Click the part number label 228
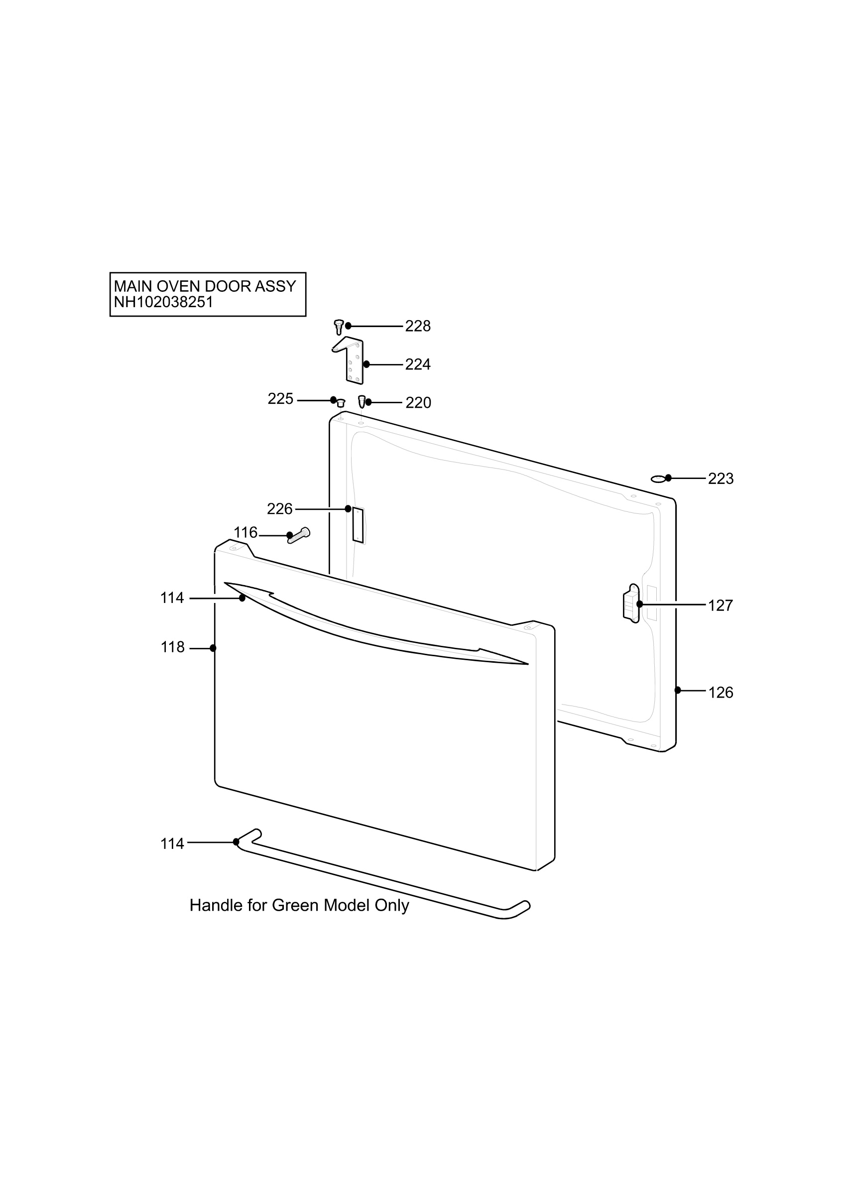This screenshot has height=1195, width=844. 418,326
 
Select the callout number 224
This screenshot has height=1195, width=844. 418,365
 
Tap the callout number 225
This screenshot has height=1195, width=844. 280,399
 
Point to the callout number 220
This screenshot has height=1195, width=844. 418,403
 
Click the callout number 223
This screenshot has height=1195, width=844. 721,479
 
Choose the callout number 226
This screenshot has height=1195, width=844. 280,509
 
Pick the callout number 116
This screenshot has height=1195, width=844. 245,533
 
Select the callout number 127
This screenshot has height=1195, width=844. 721,606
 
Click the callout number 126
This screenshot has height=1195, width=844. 721,693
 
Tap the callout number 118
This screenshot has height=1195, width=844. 172,647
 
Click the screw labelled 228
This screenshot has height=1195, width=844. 338,327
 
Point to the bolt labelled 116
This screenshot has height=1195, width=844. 299,536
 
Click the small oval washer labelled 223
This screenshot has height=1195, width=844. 658,479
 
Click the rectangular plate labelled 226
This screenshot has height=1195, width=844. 358,525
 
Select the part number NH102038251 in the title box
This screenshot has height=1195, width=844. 163,302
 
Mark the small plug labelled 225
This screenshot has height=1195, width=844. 341,403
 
